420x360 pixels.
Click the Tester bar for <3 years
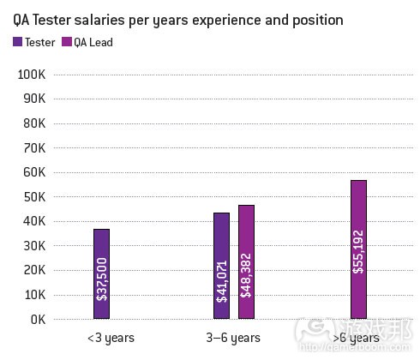click(101, 273)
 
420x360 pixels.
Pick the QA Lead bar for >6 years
click(357, 249)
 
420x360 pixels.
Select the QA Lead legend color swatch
click(67, 40)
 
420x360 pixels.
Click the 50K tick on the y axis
click(32, 197)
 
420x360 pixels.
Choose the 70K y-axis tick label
click(32, 148)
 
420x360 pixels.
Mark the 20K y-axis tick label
click(32, 271)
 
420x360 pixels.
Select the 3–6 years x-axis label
click(233, 338)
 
